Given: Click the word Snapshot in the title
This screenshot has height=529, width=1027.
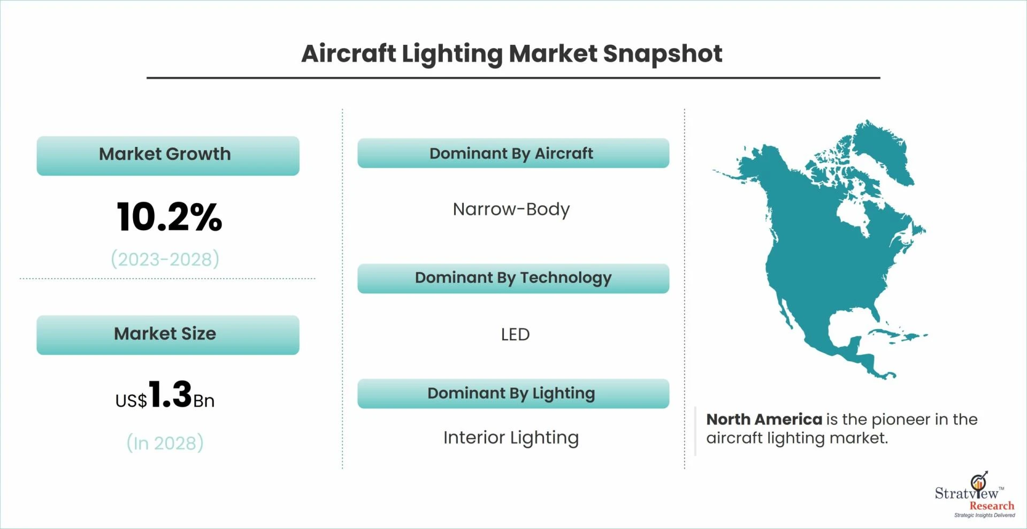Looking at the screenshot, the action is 663,54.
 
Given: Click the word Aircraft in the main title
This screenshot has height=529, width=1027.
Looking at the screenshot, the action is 349,53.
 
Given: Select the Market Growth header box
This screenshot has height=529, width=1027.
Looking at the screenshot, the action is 168,155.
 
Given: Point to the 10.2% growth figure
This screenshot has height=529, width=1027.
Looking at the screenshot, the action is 169,217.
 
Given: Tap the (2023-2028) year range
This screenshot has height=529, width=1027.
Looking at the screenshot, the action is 165,259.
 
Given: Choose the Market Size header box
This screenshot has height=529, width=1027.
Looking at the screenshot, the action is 168,334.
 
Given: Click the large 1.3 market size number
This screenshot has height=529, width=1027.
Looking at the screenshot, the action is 170,394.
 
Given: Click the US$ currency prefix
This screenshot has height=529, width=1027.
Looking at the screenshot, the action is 131,401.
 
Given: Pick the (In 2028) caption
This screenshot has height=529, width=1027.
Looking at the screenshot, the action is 165,443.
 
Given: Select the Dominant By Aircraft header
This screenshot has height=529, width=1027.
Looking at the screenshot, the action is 513,153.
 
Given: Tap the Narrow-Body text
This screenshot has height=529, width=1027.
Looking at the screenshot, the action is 511,209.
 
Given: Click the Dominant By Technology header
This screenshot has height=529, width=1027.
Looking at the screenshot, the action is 513,278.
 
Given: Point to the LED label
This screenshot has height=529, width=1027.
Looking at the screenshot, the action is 515,334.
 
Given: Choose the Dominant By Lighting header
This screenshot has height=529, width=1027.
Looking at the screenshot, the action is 513,393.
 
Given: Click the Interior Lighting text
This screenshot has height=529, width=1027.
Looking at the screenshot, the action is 511,438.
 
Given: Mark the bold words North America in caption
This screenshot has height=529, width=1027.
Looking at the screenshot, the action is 764,419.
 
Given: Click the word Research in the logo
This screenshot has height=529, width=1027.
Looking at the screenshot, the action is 992,505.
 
